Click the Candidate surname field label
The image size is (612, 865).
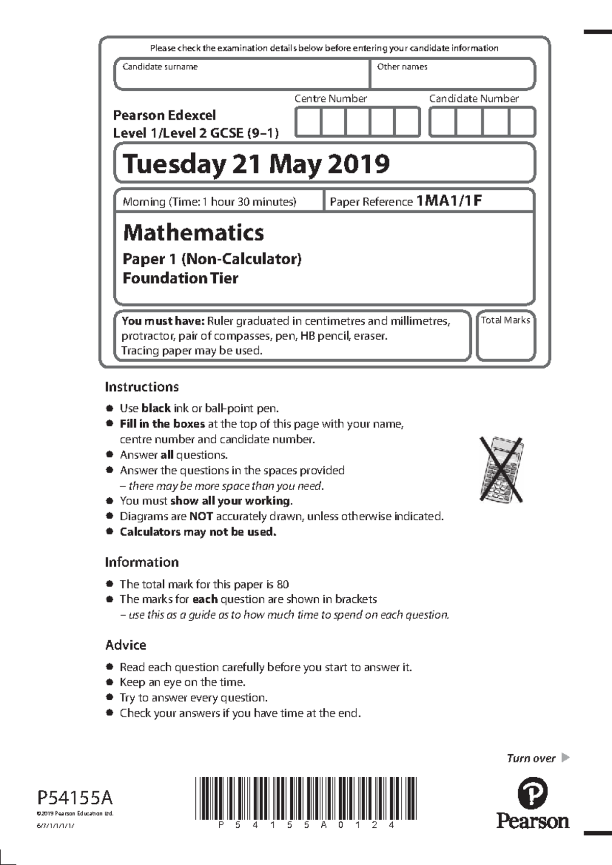[x=160, y=67]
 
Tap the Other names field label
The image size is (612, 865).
[x=402, y=67]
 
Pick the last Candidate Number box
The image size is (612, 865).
[x=522, y=122]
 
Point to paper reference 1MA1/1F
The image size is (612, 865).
[x=449, y=200]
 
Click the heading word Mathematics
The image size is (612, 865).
[x=193, y=233]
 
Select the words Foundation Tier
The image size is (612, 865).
[x=180, y=278]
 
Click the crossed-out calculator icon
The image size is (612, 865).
[x=501, y=469]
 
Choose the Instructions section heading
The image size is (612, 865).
[x=142, y=387]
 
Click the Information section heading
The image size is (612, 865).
[x=142, y=562]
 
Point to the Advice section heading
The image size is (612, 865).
[x=125, y=645]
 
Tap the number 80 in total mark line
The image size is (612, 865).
[x=283, y=584]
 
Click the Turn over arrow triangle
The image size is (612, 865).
[x=565, y=757]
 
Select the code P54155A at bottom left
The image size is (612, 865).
[x=74, y=797]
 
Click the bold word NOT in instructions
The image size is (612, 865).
[x=201, y=516]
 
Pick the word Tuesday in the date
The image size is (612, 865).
[x=174, y=164]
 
